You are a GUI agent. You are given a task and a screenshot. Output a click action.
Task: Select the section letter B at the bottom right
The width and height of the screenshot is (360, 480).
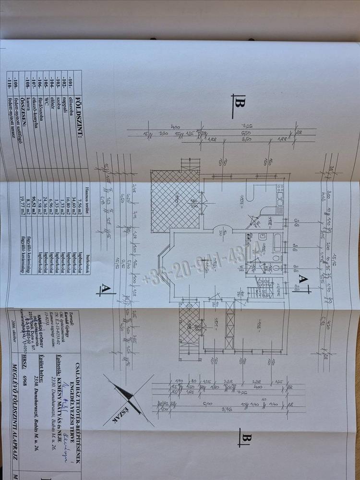247,438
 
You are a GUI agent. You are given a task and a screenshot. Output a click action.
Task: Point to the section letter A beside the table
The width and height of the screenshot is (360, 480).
106,288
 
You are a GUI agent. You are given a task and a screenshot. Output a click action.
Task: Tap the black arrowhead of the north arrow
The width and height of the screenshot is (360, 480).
129,395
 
